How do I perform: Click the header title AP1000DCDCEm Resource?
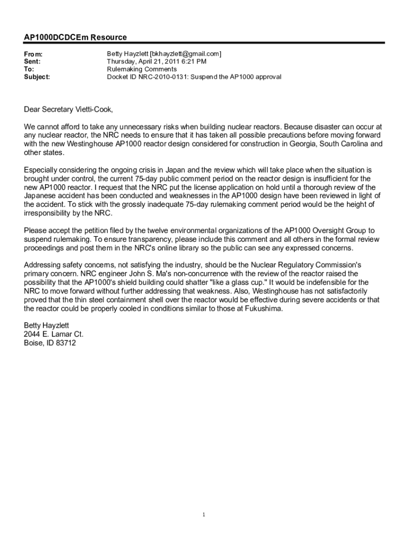tap(75, 38)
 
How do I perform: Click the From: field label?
tap(33, 55)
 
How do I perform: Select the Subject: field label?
tap(37, 77)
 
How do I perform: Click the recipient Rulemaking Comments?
tap(142, 69)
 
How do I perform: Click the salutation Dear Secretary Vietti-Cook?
tap(68, 110)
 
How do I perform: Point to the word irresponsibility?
tap(49, 213)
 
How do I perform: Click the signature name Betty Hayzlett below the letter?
tap(47, 325)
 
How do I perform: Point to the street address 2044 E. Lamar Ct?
tap(54, 334)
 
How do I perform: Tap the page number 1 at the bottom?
tap(204, 514)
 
